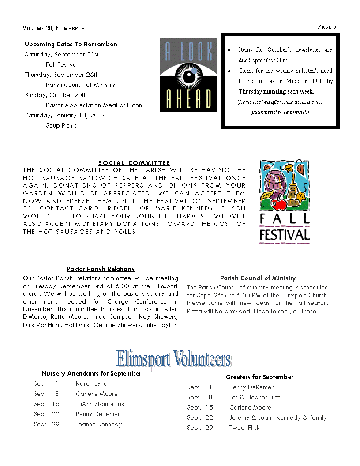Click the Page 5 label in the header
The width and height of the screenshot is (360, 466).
coord(327,27)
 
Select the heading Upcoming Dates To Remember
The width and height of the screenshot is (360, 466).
coord(71,44)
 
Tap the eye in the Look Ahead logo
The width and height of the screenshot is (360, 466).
coord(189,75)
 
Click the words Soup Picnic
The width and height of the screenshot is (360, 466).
coord(61,125)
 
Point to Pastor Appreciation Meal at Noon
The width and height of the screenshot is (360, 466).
coord(94,105)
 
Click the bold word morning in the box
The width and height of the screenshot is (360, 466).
coord(274,92)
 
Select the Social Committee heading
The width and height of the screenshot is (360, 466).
coord(134,163)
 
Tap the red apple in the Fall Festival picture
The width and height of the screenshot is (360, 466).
coord(279,204)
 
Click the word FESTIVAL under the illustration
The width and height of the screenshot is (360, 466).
coord(285,234)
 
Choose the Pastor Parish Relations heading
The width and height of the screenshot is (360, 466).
coord(101,268)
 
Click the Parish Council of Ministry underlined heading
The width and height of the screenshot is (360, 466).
coord(258,278)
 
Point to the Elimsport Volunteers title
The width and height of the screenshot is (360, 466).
coord(174,359)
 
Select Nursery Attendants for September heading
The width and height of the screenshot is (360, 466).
coord(91,373)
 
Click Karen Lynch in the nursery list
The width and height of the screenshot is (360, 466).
coord(93,383)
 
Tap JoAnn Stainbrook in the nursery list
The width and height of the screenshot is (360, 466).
coord(100,404)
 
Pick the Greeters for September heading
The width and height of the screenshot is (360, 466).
coord(259,377)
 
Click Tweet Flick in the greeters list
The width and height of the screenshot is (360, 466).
coord(244,428)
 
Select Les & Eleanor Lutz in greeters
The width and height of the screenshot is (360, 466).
coord(255,397)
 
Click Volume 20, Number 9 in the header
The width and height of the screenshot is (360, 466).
coord(54,28)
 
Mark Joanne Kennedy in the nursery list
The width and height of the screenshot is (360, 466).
coord(99,424)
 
